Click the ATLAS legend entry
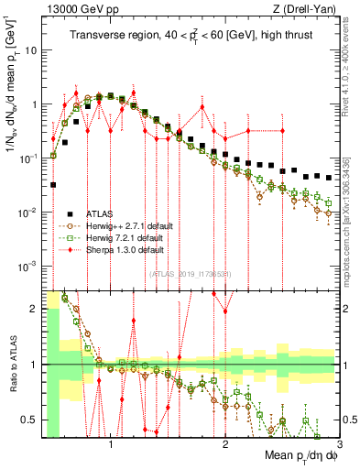click(108, 213)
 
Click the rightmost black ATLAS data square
click(329, 177)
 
